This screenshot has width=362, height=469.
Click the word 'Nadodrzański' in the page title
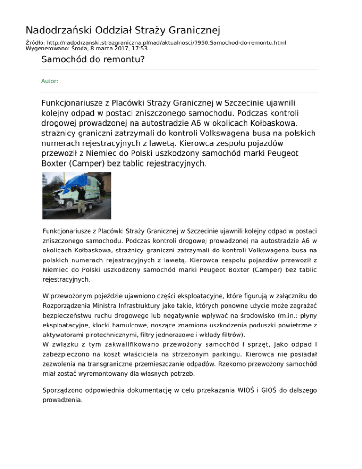[55, 31]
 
